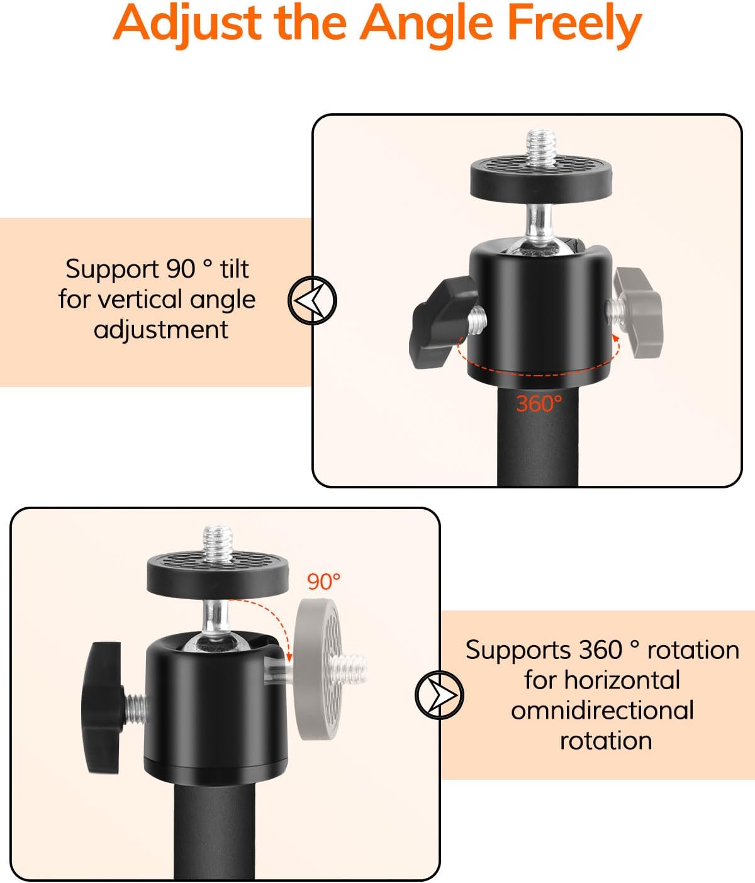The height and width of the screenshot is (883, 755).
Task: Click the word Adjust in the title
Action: click(x=187, y=25)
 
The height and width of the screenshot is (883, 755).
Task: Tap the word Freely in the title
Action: click(x=574, y=25)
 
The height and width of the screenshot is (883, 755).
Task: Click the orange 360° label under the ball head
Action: click(x=539, y=403)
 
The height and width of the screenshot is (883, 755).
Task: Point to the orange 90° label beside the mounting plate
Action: click(x=323, y=582)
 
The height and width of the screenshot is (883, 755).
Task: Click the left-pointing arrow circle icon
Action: click(x=312, y=300)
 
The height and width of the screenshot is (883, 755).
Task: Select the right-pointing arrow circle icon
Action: click(x=439, y=695)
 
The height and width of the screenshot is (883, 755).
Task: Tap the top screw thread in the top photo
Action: click(x=540, y=149)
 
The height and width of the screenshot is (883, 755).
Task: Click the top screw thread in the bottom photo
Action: click(x=217, y=544)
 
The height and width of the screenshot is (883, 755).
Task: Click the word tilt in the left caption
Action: click(x=235, y=269)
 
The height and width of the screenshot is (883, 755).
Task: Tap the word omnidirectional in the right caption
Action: click(x=602, y=711)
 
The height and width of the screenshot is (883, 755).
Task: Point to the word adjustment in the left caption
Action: click(x=161, y=330)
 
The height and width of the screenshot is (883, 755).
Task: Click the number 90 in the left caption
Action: click(x=181, y=269)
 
